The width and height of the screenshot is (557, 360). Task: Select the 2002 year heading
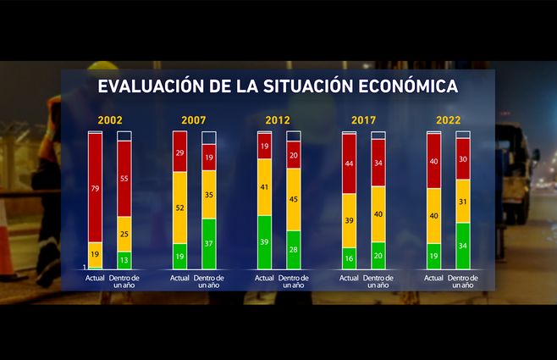click(x=109, y=120)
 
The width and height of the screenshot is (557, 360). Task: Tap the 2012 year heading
click(x=278, y=120)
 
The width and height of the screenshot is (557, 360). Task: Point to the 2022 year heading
click(x=448, y=120)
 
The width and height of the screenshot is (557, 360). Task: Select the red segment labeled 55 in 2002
click(x=124, y=180)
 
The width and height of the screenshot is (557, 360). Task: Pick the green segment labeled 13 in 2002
click(x=124, y=259)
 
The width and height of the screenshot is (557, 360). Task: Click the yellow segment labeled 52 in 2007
click(x=179, y=208)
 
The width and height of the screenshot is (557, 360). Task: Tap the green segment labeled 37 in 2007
click(x=209, y=243)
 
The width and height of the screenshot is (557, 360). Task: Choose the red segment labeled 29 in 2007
click(x=179, y=152)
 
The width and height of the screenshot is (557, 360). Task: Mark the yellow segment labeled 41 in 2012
click(x=264, y=187)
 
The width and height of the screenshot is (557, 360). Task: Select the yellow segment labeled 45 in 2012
click(x=294, y=199)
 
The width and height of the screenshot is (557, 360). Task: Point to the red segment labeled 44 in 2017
click(x=349, y=163)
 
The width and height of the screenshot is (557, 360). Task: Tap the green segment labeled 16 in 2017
click(x=349, y=258)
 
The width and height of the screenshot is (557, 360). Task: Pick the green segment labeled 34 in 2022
click(x=463, y=246)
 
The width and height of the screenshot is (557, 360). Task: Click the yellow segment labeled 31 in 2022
click(x=463, y=201)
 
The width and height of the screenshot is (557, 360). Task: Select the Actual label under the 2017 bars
click(x=349, y=277)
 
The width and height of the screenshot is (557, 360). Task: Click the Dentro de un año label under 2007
click(x=209, y=281)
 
